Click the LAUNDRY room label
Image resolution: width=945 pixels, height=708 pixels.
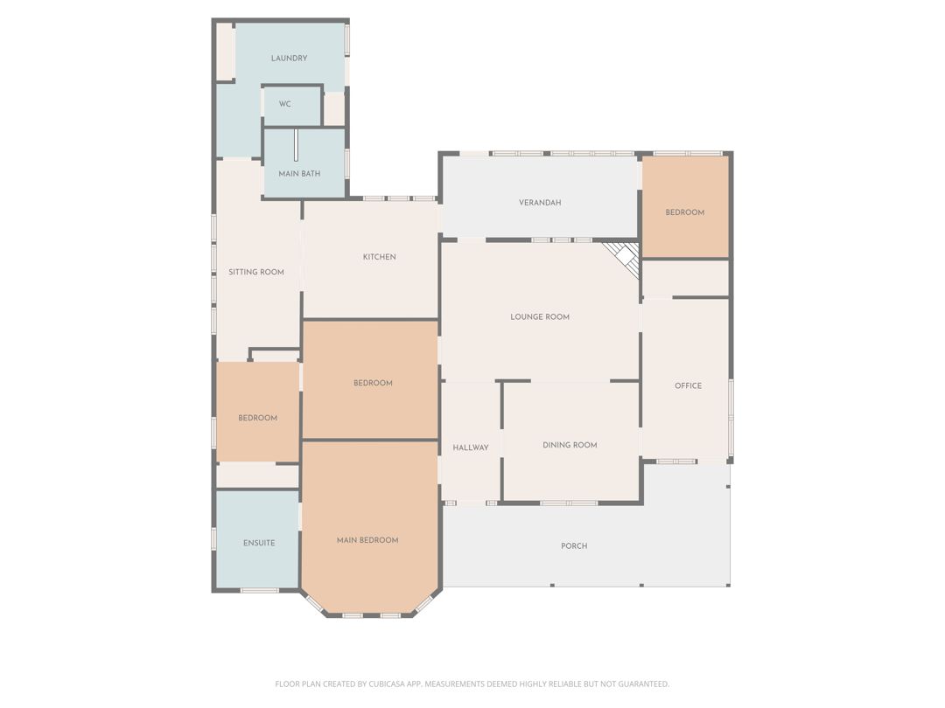pos(290,59)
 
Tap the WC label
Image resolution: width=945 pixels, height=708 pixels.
pos(285,104)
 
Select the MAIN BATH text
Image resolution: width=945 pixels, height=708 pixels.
pos(299,174)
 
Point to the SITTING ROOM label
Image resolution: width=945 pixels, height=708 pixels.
pos(256,272)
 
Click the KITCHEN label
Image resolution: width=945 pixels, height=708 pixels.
pos(380,257)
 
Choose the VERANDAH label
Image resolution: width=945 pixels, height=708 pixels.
pos(540,203)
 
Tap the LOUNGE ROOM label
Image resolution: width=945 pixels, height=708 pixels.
pos(540,317)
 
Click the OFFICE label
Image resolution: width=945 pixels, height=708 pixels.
pos(689,386)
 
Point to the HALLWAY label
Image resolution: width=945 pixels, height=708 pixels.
pos(471,448)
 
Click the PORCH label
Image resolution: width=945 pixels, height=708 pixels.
pos(574,546)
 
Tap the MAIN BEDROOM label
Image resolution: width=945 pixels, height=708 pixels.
pos(367,541)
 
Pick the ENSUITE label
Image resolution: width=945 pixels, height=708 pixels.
pos(259,543)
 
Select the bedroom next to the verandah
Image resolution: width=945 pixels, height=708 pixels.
pos(685,206)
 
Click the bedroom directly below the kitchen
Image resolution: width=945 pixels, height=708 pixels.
pos(370,379)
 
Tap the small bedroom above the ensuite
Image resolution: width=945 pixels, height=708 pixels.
pos(258,412)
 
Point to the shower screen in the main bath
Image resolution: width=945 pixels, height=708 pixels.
pos(296,145)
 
